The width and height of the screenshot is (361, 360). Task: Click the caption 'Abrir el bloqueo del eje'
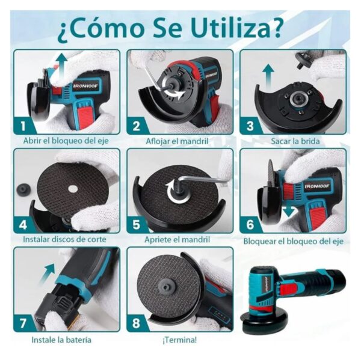coord(67,141)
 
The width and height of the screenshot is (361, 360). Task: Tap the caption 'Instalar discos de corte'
coord(65,239)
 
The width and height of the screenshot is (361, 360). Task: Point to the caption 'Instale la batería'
coord(61,340)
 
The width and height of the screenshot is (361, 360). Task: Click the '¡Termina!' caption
coord(179,340)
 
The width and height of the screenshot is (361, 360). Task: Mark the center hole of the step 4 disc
coord(72,190)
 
